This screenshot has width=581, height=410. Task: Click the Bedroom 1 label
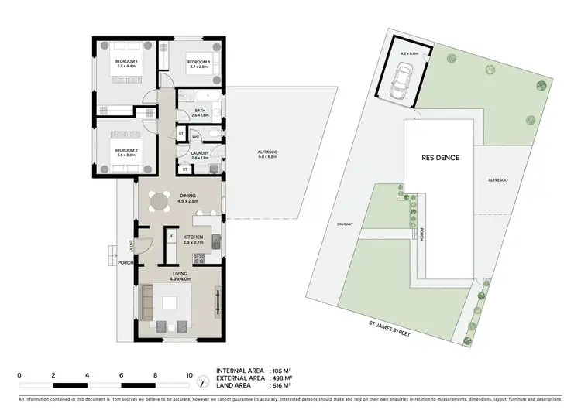pyautogui.click(x=126, y=64)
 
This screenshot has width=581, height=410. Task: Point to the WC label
pyautogui.click(x=195, y=136)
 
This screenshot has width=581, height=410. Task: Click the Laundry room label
pyautogui.click(x=200, y=155)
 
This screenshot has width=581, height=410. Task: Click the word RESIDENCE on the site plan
pyautogui.click(x=440, y=158)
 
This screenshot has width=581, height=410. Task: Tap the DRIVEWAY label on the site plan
pyautogui.click(x=346, y=224)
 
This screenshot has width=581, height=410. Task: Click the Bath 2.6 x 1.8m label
pyautogui.click(x=200, y=113)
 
